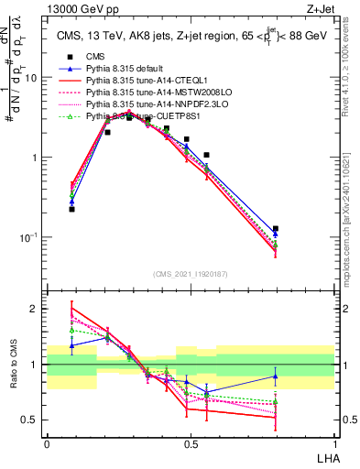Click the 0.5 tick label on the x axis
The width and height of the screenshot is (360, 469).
tap(190, 443)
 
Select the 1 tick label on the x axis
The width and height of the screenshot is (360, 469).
tap(333, 443)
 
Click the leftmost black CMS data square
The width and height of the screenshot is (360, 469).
tap(72, 209)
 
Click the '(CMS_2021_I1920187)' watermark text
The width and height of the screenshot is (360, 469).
tap(190, 273)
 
